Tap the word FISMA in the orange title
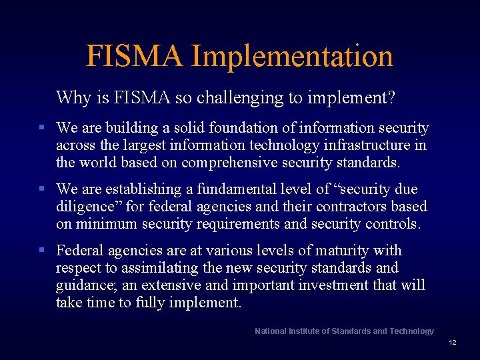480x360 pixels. (x=134, y=57)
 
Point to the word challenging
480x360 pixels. (x=240, y=99)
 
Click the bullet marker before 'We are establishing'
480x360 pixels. (x=41, y=189)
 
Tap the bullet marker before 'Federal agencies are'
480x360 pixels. (x=41, y=251)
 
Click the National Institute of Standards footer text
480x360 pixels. (x=344, y=331)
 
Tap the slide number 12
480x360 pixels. (x=452, y=343)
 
